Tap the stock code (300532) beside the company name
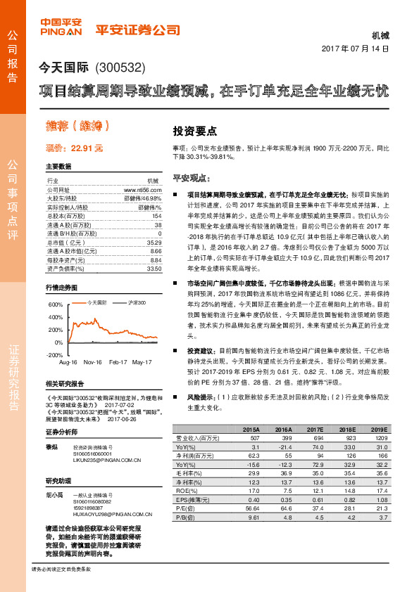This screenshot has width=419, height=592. [x=119, y=69]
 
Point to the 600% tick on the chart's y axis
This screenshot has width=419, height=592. [x=56, y=305]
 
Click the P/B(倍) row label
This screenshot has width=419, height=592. [x=185, y=517]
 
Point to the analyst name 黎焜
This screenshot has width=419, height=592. [x=52, y=446]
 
